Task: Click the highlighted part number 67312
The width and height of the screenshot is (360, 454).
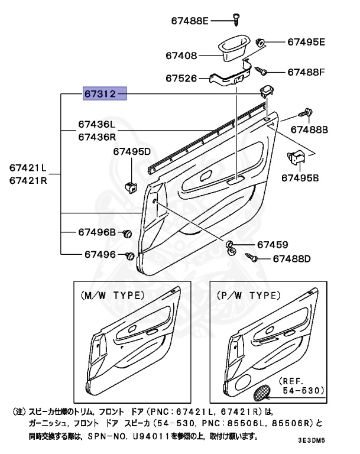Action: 105,93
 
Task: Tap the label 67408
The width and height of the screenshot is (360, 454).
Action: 181,56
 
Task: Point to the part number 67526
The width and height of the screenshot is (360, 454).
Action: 181,78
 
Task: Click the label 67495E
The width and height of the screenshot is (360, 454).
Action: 306,42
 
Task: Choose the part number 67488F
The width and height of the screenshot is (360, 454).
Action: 306,72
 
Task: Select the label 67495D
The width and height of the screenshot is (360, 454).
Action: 132,152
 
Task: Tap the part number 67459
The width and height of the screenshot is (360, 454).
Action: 272,245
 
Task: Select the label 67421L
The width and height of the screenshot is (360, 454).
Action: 27,167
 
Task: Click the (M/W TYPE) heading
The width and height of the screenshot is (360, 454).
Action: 112,294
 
